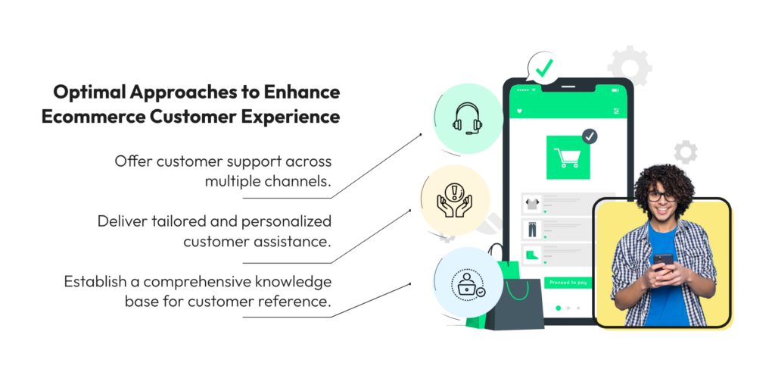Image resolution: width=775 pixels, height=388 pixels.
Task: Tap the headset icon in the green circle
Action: [467, 118]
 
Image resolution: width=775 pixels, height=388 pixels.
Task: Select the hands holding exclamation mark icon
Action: [455, 199]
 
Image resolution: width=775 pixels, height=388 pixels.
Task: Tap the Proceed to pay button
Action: [568, 283]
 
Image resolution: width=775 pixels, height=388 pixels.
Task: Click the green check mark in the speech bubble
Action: [544, 67]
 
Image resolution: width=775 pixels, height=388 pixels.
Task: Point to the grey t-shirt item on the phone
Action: [532, 203]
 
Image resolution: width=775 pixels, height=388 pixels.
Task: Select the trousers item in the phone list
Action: [532, 229]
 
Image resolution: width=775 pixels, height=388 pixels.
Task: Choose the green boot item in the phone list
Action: [532, 255]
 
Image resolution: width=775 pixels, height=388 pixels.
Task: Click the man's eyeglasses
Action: [661, 196]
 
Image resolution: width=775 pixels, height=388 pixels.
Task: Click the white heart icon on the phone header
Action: [519, 111]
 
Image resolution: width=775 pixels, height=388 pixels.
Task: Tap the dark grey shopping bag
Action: [514, 304]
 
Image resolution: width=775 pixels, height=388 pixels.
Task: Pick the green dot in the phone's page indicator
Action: [559, 308]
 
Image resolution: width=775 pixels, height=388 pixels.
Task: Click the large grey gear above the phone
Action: [629, 65]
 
